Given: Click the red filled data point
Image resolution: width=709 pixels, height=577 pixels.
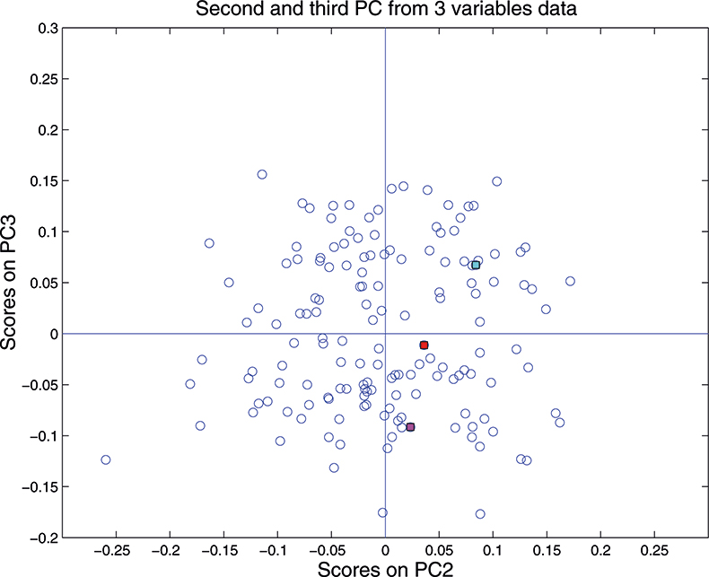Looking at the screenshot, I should point(424,345).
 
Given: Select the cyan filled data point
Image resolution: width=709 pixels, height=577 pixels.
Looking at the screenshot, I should point(476,265).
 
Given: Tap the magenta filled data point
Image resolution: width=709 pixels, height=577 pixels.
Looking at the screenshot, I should point(410,427).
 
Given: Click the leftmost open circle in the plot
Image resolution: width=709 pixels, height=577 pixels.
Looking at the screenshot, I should point(106,459).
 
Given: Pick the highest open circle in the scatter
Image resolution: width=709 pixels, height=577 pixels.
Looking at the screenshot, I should point(262,174).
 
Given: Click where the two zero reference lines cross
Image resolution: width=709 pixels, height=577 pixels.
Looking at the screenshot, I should point(385,334).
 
